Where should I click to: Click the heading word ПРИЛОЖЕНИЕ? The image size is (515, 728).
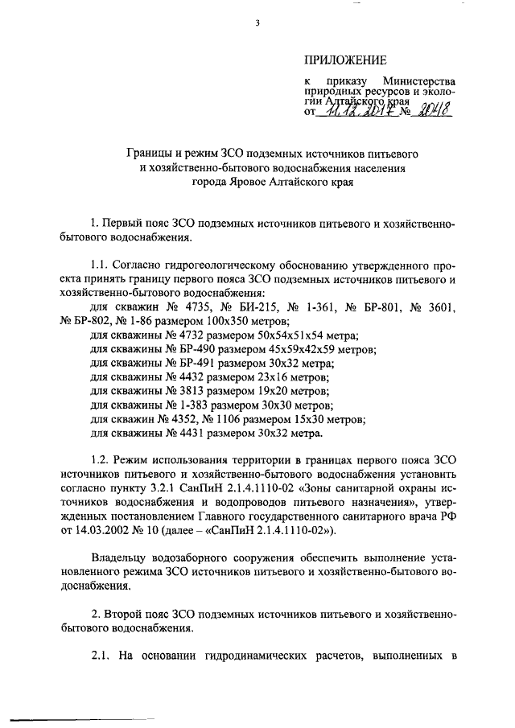click(x=345, y=60)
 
